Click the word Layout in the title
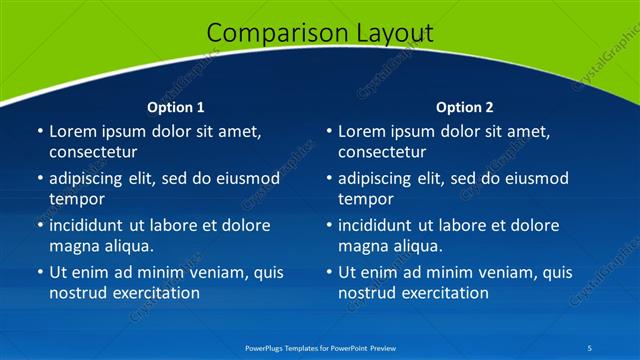tap(395, 33)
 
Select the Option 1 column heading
tap(176, 107)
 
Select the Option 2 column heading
tap(465, 107)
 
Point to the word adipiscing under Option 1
tap(89, 179)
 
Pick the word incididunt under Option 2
tap(379, 225)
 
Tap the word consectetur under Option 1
tap(93, 152)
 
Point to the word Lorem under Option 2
tap(361, 131)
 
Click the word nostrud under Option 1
tap(78, 293)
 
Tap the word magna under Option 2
tap(362, 246)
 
